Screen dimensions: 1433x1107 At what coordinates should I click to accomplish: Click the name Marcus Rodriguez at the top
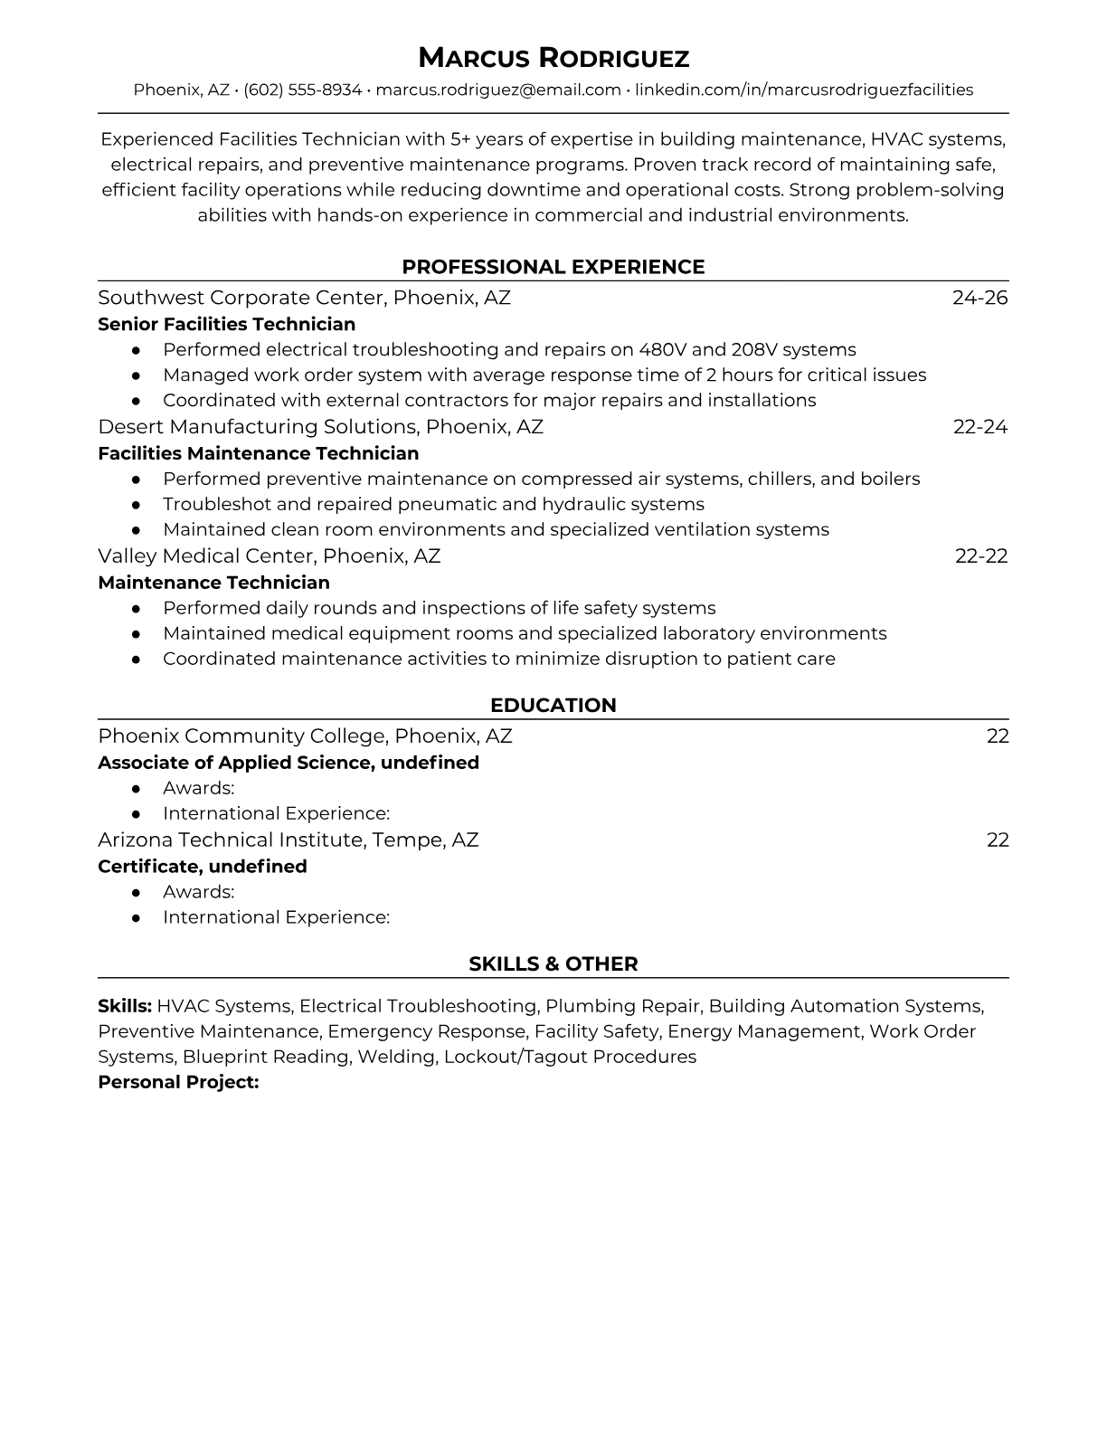click(x=553, y=59)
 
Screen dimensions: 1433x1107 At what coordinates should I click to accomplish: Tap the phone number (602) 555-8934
click(x=302, y=90)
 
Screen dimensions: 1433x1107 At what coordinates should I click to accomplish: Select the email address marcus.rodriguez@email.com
click(x=497, y=90)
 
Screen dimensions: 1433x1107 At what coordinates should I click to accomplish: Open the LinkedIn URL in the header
click(x=803, y=90)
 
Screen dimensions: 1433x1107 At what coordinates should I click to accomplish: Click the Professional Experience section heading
click(x=553, y=267)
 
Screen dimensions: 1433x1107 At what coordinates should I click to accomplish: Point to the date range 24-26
click(x=979, y=298)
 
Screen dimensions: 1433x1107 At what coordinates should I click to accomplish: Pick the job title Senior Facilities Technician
click(x=226, y=324)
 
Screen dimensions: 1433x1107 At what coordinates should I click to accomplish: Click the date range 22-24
click(x=979, y=427)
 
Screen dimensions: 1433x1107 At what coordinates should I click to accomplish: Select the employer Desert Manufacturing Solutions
click(x=257, y=427)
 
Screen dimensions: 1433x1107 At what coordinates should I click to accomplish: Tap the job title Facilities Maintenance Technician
click(x=258, y=453)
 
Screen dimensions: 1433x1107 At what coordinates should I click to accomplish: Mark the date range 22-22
click(x=980, y=556)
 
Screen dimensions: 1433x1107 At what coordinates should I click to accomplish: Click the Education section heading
click(x=553, y=706)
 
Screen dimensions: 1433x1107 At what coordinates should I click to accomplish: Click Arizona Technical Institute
click(x=231, y=840)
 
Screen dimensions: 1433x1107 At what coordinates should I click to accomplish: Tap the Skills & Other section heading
click(x=553, y=964)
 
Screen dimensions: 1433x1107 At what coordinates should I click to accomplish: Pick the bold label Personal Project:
click(x=178, y=1082)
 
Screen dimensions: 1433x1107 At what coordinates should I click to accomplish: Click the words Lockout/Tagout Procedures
click(x=570, y=1057)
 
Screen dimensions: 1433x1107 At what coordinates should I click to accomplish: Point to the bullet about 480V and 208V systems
click(x=509, y=350)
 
